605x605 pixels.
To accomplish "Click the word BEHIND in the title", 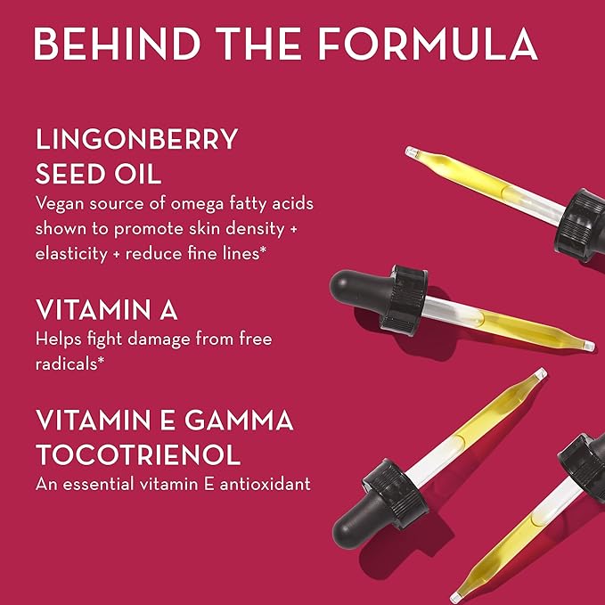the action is (118, 44).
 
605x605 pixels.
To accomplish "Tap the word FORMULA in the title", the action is (428, 44).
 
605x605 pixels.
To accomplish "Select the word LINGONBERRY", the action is (136, 139).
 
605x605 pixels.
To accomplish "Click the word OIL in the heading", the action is (138, 174).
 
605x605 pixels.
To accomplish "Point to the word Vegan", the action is (60, 204).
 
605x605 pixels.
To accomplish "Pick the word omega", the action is (197, 205).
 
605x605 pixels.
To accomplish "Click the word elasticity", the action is (71, 255).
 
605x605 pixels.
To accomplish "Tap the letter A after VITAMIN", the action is (168, 309).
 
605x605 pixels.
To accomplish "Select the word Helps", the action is (59, 339).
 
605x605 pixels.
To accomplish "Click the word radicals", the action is (66, 364).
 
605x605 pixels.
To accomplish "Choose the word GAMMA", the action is (239, 420).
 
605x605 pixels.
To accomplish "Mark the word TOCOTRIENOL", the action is (138, 454).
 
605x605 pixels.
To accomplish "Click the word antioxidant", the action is (265, 484).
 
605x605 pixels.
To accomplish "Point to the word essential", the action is (98, 484).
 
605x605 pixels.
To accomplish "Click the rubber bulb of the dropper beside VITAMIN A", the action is (357, 290).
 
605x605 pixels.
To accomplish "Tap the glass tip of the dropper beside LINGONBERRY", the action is (412, 152).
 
